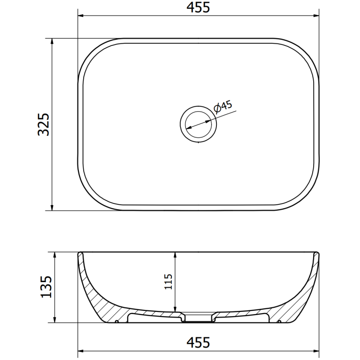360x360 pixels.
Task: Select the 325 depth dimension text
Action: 44,124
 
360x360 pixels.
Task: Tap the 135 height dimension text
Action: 45,287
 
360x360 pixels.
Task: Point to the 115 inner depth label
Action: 168,282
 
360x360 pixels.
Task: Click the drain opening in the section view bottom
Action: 198,319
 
